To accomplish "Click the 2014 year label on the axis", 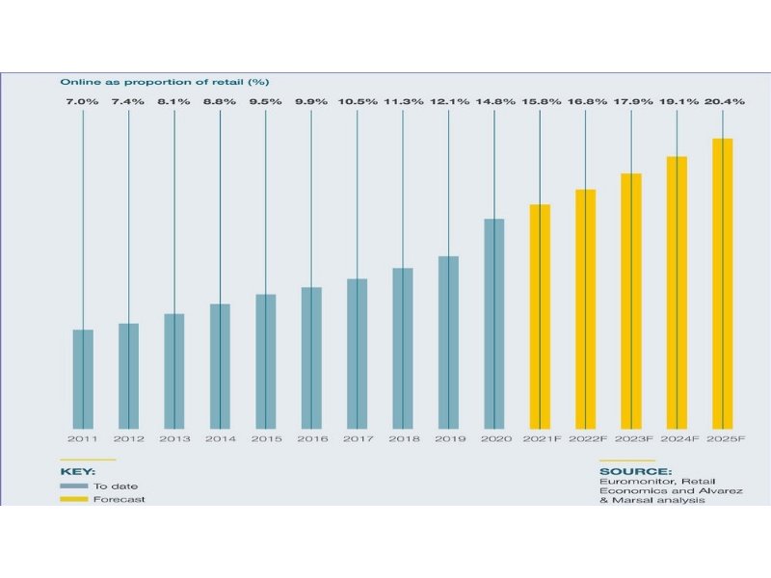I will (220, 439).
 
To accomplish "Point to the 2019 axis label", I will (448, 439).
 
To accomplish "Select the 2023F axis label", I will (630, 439).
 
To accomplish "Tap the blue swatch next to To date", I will (73, 486).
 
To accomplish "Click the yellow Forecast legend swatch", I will (73, 500).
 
